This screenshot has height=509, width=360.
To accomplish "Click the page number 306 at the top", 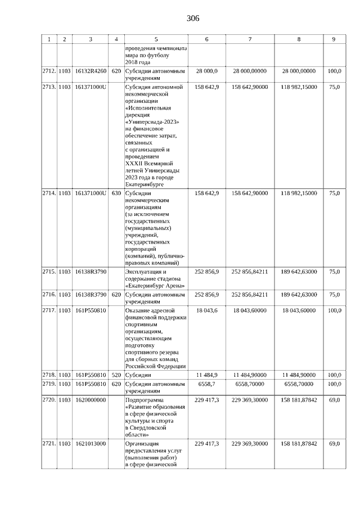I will [193, 19].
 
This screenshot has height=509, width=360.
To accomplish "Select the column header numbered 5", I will [156, 39].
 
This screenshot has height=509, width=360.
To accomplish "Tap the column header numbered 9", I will [334, 39].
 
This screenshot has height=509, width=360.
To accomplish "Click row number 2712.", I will [49, 71].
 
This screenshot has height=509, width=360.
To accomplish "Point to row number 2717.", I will [49, 310].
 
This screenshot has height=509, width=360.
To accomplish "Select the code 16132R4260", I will [91, 71].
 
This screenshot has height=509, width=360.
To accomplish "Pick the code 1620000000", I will [91, 399].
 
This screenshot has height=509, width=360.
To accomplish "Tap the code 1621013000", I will [91, 444].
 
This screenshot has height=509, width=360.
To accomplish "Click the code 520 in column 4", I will [116, 375].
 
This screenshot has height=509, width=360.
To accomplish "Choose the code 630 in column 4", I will [116, 193].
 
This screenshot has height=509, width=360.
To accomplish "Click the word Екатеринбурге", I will [145, 184].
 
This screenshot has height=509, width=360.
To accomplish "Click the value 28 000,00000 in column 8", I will [299, 71].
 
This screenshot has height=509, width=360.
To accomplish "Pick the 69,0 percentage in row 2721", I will [334, 444].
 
